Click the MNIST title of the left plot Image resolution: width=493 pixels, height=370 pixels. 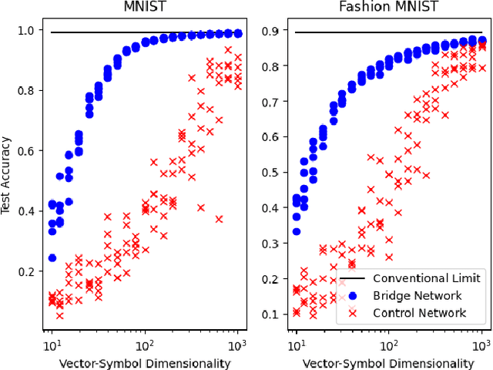point(146,7)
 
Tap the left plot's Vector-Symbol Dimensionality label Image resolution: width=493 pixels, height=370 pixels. point(146,362)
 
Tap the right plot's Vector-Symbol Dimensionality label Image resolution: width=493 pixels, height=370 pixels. point(389,362)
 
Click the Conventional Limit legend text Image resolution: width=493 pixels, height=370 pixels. point(427,277)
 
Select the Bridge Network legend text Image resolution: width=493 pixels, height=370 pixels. point(418,295)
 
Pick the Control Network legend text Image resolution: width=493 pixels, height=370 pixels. point(418,312)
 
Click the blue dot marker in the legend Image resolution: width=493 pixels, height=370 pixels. point(354,295)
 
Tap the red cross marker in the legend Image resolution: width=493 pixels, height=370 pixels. point(354,312)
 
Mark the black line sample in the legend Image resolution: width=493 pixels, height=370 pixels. point(354,277)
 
